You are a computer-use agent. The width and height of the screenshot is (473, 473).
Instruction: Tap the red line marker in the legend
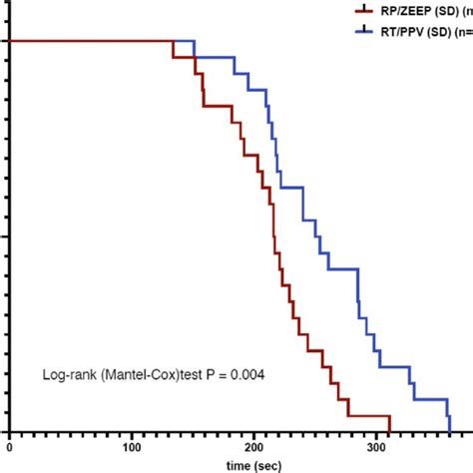(x=362, y=11)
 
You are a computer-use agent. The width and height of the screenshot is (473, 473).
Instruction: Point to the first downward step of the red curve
(x=173, y=49)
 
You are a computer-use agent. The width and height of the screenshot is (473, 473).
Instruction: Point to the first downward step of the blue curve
(x=194, y=49)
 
